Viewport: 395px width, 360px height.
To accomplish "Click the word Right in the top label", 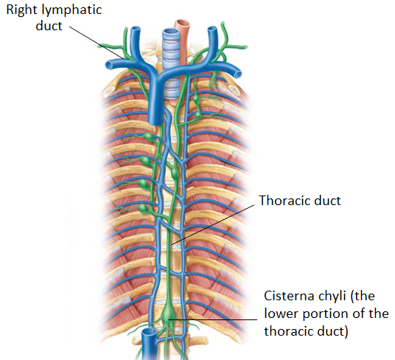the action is pos(23,10).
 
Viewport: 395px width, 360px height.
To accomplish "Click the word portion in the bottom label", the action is pos(327,314).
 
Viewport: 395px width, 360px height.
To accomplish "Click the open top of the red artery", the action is pos(182,23).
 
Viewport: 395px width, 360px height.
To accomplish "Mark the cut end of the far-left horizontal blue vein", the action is pos(109,66).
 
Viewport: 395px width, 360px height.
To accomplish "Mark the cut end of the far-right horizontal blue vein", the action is pos(238,74).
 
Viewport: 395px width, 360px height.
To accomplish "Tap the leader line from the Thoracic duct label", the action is pos(213,224).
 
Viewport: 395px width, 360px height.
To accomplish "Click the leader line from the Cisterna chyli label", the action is pos(212,319).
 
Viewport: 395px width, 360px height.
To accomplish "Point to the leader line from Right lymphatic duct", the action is pos(97,42).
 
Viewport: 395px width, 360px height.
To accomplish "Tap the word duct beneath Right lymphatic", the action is pos(49,26).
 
